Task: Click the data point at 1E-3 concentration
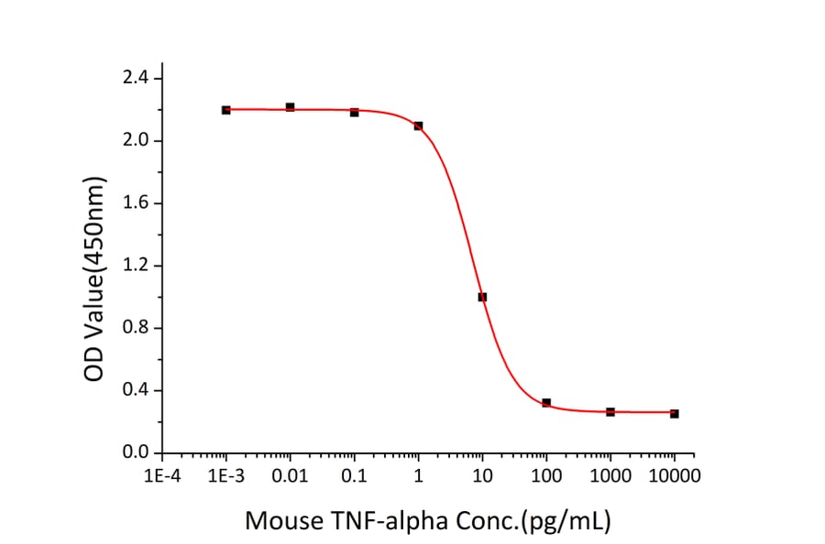225,110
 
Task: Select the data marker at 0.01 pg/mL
290,107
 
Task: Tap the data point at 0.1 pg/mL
354,112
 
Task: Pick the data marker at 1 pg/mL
418,125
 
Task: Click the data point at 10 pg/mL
482,297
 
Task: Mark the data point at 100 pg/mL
546,403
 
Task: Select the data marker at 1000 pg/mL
610,412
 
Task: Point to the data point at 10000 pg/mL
675,414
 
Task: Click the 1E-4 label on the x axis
161,476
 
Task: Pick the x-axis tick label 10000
674,476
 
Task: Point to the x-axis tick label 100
546,476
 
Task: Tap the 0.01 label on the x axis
290,476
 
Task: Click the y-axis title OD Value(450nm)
95,266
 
